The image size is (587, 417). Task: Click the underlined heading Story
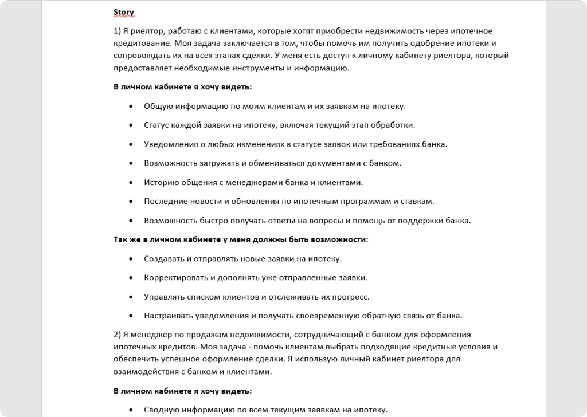click(x=123, y=11)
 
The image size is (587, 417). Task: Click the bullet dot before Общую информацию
click(x=131, y=106)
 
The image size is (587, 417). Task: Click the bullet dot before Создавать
click(x=131, y=258)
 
